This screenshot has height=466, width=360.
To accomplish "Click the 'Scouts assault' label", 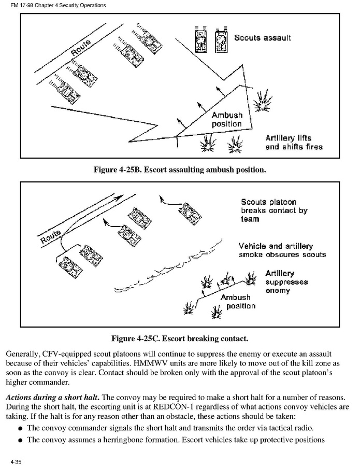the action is (262, 38).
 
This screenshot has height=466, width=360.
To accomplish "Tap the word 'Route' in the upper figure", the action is (81, 47).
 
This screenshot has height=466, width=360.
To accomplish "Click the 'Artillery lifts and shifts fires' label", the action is (294, 143).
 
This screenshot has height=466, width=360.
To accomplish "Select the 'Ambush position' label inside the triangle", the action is (227, 119).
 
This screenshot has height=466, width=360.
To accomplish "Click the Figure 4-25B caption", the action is (180, 170).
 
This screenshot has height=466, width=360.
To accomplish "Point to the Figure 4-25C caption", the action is (180, 338).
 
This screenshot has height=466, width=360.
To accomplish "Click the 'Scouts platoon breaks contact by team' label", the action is (274, 210).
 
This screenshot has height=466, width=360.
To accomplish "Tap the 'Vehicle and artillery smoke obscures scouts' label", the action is (282, 250).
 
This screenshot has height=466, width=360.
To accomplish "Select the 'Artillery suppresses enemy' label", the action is (286, 282).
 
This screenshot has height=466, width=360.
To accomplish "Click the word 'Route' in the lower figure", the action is (50, 236).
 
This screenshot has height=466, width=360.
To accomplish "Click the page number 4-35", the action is (16, 462).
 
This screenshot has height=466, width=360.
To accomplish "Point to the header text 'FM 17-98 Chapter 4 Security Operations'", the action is (58, 5).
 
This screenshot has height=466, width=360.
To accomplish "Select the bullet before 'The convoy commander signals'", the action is (20, 429).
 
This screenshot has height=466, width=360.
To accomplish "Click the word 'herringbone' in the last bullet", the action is (120, 440).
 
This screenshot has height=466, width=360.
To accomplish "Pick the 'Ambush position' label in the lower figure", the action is (238, 302).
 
